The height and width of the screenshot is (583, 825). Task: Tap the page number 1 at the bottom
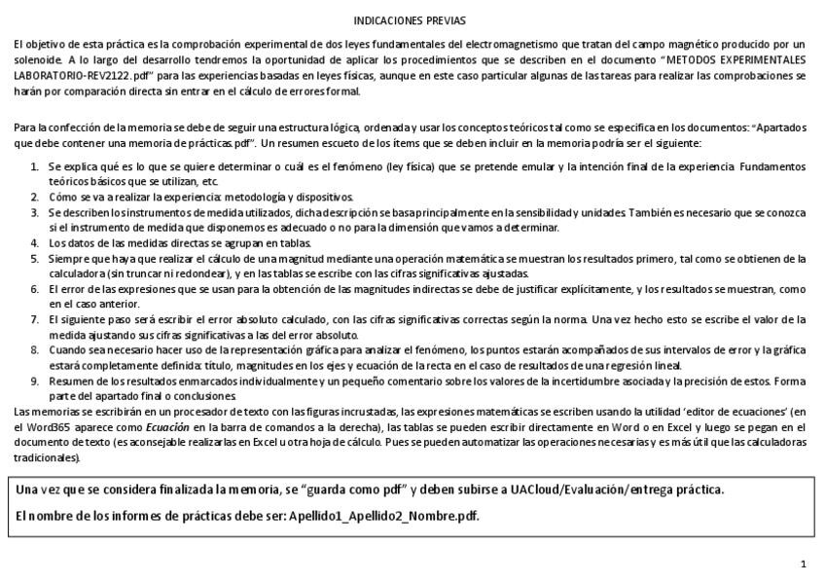pos(803,564)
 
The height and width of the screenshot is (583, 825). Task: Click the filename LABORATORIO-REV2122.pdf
pos(81,75)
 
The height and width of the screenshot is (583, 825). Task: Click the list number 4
pos(35,242)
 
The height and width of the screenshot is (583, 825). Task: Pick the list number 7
pos(35,319)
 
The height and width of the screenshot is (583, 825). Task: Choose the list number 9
pos(35,381)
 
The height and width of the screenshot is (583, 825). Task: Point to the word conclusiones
pos(205,396)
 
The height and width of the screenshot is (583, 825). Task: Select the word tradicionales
pos(44,457)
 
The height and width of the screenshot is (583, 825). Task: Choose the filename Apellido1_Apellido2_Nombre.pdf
pos(383,515)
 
